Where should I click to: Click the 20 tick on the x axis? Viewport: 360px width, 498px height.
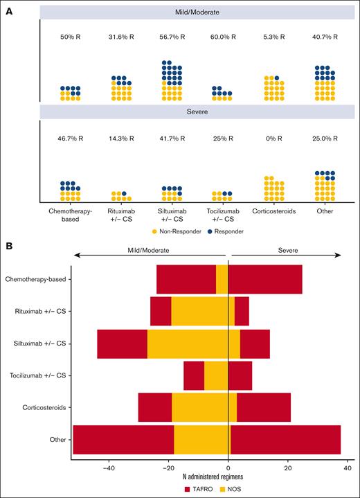click(x=288, y=468)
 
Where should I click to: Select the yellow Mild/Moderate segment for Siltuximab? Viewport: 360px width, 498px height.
click(x=188, y=344)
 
